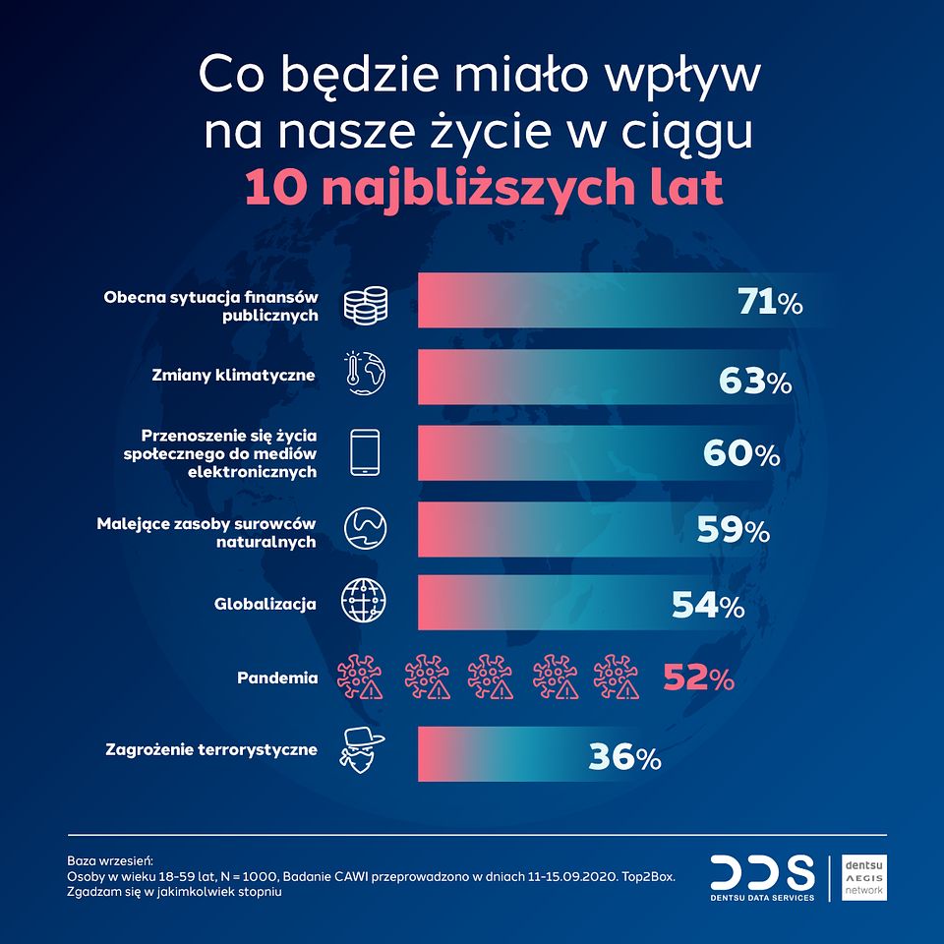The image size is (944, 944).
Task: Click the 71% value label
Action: click(770, 303)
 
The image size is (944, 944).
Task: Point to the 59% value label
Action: click(733, 530)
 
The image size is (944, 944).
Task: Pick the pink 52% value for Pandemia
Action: click(697, 678)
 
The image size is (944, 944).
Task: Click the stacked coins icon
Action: click(364, 304)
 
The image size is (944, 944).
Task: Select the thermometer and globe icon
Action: click(364, 375)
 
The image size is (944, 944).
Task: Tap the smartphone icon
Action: click(365, 452)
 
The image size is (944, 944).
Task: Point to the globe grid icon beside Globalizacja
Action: click(364, 601)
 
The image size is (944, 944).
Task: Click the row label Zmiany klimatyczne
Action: click(234, 375)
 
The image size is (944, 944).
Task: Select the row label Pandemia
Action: click(277, 678)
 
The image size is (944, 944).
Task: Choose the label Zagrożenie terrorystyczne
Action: click(211, 749)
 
